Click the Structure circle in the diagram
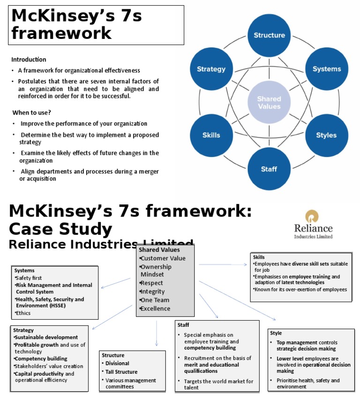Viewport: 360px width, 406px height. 269,35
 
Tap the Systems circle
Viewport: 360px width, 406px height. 327,69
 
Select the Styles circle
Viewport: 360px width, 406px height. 326,135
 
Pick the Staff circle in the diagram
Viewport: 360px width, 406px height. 269,169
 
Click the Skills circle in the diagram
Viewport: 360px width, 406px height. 211,135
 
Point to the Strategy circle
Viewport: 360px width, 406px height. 211,69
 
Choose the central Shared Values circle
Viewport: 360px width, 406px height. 269,103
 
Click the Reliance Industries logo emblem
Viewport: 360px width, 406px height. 313,217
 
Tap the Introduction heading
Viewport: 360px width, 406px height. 29,60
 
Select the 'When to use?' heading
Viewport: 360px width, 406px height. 32,113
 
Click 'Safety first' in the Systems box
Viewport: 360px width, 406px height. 29,278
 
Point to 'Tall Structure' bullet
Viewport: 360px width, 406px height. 121,372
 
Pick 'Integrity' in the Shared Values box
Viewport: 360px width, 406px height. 153,292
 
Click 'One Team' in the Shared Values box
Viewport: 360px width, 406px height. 155,300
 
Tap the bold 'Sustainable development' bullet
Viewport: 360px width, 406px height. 46,337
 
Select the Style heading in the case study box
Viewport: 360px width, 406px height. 276,333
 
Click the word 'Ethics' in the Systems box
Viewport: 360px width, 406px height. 24,313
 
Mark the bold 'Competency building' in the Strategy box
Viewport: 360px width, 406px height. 41,359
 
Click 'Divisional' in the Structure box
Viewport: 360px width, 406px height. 117,363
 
